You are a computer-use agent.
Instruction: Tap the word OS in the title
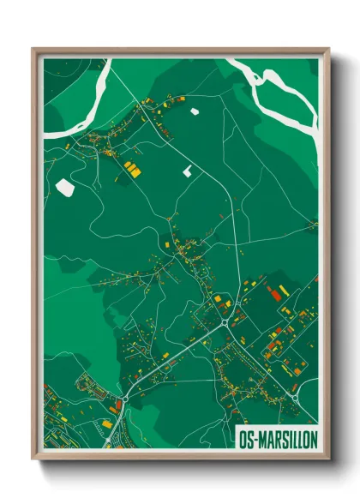point(248,436)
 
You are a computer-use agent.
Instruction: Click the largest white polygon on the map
point(64,186)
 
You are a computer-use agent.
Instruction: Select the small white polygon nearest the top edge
point(194,111)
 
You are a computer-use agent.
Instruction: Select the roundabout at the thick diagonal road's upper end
point(225,324)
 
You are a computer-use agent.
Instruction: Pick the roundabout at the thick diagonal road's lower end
point(125,399)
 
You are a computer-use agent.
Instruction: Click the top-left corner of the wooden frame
point(33,49)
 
